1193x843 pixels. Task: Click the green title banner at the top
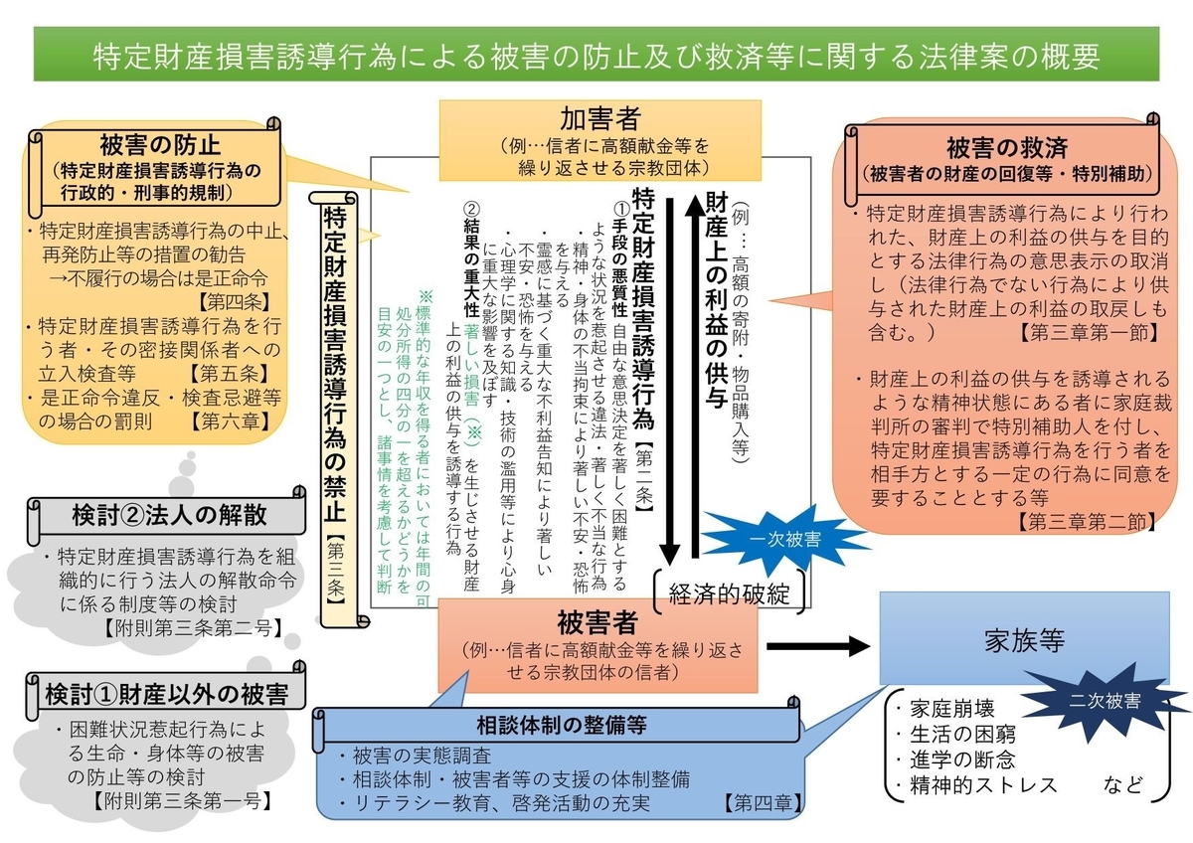(x=596, y=55)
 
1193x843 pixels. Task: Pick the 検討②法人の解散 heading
(x=169, y=515)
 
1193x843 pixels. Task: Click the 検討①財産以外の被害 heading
(x=161, y=693)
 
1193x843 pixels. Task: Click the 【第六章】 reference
(x=231, y=421)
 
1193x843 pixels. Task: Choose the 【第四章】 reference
(x=763, y=801)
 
